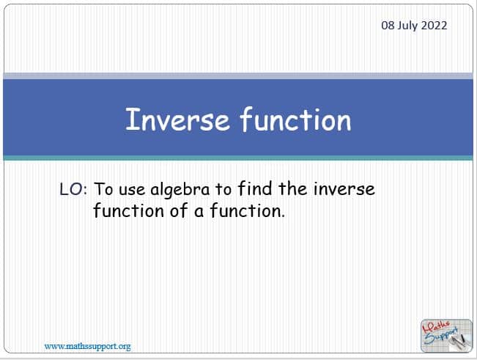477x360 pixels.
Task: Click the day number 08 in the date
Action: pyautogui.click(x=388, y=25)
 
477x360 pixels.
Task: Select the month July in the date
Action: pyautogui.click(x=408, y=26)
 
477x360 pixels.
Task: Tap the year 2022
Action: pyautogui.click(x=434, y=25)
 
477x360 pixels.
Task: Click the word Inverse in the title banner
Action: pyautogui.click(x=177, y=120)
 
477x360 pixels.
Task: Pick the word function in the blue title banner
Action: pyautogui.click(x=296, y=120)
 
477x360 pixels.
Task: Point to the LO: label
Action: pyautogui.click(x=73, y=189)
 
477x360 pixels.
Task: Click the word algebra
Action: pyautogui.click(x=180, y=190)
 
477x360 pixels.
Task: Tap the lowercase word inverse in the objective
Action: pyautogui.click(x=344, y=188)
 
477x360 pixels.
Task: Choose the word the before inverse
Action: pyautogui.click(x=292, y=188)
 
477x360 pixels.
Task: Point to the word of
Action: pyautogui.click(x=180, y=210)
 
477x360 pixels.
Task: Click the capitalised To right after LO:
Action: pyautogui.click(x=103, y=189)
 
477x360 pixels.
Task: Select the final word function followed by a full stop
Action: pyautogui.click(x=248, y=210)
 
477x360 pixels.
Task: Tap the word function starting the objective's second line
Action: pyautogui.click(x=129, y=210)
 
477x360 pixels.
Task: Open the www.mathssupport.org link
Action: pyautogui.click(x=88, y=346)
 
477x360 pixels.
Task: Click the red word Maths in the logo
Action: pyautogui.click(x=437, y=327)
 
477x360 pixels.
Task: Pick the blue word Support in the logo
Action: pyautogui.click(x=441, y=335)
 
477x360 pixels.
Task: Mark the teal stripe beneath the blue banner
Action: pyautogui.click(x=238, y=158)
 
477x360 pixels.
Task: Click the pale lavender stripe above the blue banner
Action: pyautogui.click(x=238, y=76)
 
